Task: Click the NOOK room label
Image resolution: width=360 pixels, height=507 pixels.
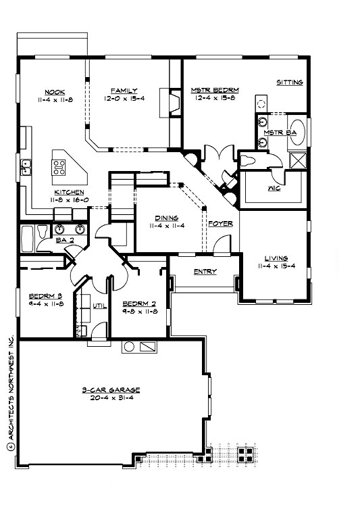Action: (x=55, y=91)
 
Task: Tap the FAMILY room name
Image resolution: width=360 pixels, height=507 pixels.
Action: (x=125, y=91)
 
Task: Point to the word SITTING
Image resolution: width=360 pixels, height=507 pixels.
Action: (x=290, y=82)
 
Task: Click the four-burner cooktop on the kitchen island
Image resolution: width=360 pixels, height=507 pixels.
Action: (x=59, y=164)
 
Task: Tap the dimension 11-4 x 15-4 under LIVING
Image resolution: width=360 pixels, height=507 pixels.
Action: (x=277, y=266)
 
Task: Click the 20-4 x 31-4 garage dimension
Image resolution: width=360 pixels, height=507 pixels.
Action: (x=111, y=398)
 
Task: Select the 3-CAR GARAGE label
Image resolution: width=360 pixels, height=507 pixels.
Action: (x=111, y=390)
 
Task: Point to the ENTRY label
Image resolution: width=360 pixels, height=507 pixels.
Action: (x=205, y=272)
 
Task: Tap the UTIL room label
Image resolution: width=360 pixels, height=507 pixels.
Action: (x=100, y=306)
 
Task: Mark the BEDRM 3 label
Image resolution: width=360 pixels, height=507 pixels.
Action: (x=47, y=296)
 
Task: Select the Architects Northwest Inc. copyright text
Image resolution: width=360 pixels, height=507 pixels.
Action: (x=11, y=391)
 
